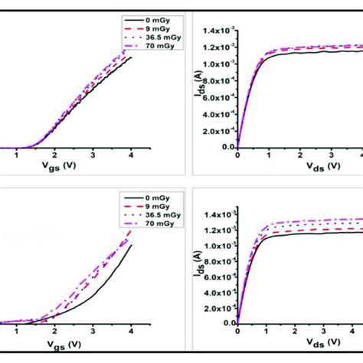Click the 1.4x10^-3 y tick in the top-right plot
click(x=217, y=32)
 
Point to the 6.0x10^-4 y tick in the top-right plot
click(x=217, y=97)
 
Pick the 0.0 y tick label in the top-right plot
click(x=225, y=146)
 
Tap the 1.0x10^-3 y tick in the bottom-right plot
click(x=217, y=246)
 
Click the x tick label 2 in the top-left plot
click(x=54, y=154)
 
